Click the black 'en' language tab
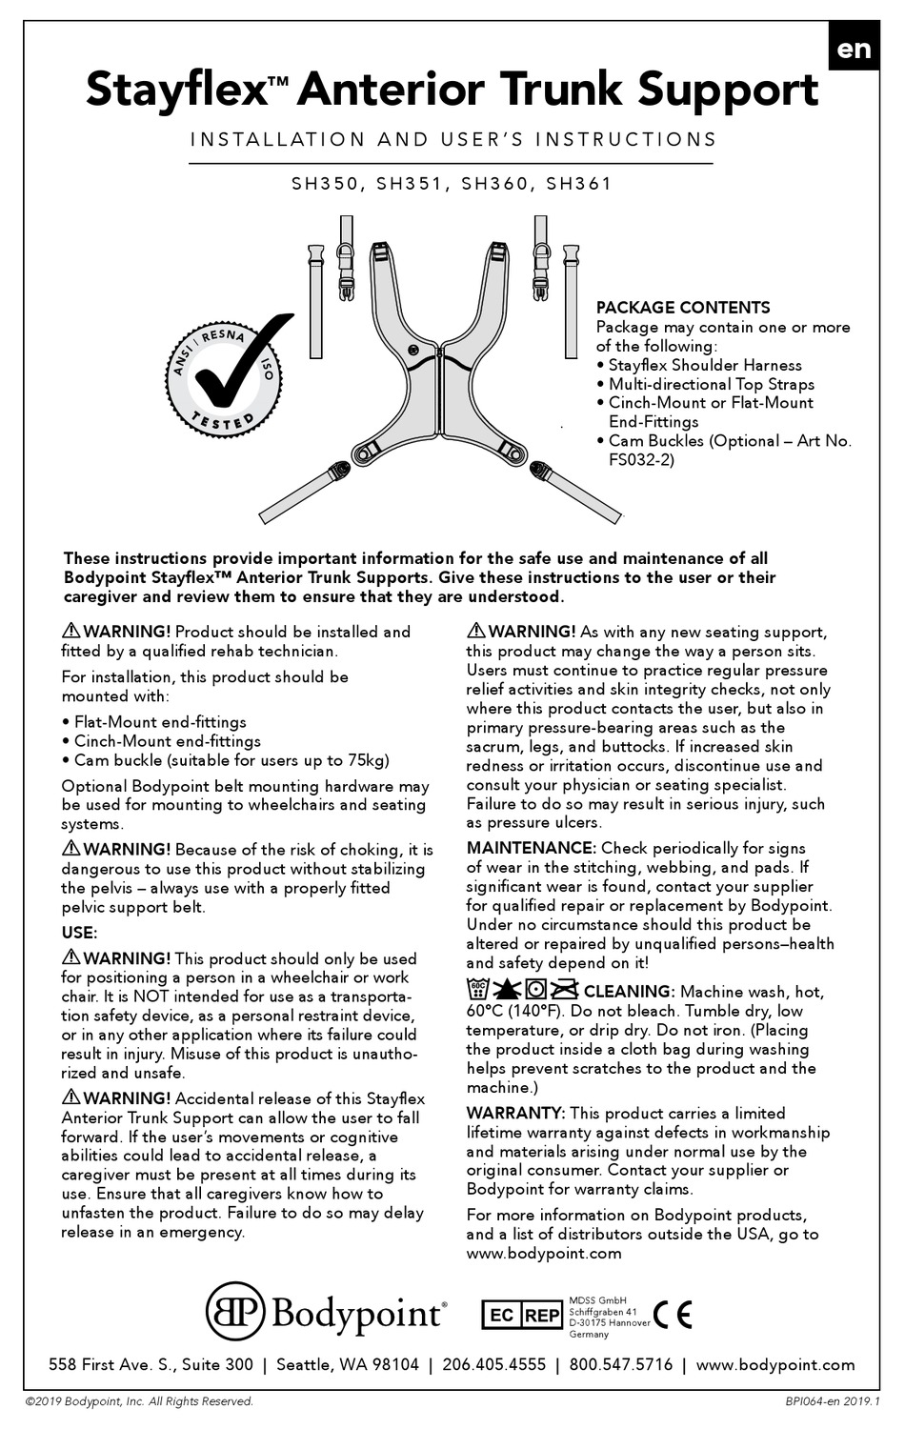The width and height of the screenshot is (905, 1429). tap(854, 48)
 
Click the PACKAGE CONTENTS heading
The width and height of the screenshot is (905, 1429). tap(682, 308)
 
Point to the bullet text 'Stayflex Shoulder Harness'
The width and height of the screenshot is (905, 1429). tap(705, 365)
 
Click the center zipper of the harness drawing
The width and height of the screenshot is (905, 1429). tap(438, 400)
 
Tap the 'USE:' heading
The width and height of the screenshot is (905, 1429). tap(79, 933)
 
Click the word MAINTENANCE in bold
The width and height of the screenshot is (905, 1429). tap(530, 848)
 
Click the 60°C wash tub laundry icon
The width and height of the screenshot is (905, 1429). tap(478, 991)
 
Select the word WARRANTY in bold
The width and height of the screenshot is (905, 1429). tap(515, 1113)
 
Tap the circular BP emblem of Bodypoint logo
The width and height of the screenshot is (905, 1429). tap(235, 1313)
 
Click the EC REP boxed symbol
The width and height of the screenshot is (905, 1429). tap(523, 1316)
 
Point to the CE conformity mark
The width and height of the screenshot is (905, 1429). tap(673, 1315)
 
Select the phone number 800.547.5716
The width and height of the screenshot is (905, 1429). tap(620, 1364)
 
